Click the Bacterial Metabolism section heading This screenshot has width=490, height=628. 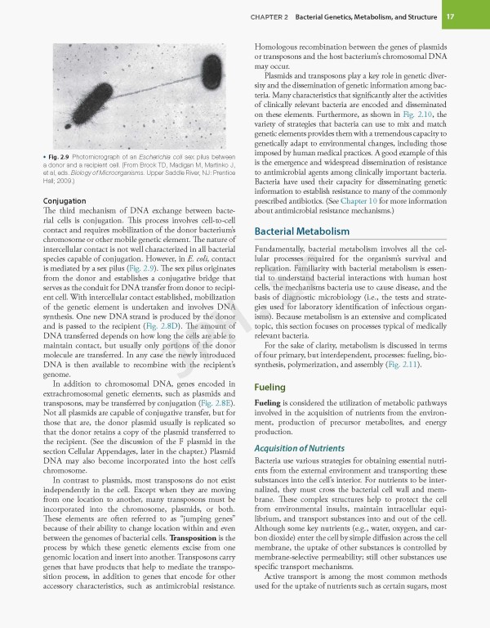(x=303, y=231)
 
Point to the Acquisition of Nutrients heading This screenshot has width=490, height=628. (x=299, y=448)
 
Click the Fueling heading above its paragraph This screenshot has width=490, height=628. (x=269, y=387)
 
